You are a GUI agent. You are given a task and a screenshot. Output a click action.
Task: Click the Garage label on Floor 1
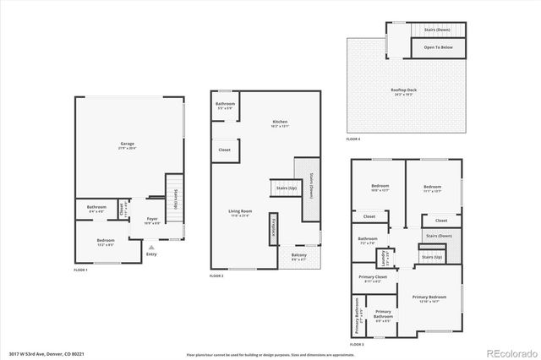[x=127, y=146]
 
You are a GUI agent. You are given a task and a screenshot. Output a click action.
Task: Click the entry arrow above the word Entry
[x=151, y=247]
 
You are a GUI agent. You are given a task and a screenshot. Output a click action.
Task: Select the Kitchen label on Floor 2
[x=280, y=123]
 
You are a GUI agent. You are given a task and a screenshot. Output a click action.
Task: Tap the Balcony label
[x=299, y=258]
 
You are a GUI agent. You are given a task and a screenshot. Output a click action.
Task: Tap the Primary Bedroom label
[x=429, y=299]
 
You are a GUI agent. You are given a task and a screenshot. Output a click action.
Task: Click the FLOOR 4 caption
[x=353, y=139]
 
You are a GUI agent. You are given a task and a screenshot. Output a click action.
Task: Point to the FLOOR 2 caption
[x=216, y=277]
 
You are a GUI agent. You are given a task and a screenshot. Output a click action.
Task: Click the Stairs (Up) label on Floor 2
[x=286, y=188]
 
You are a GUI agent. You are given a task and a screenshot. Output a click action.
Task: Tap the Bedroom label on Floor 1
[x=105, y=242]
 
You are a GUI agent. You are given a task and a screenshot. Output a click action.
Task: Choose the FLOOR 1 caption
[x=80, y=269]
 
